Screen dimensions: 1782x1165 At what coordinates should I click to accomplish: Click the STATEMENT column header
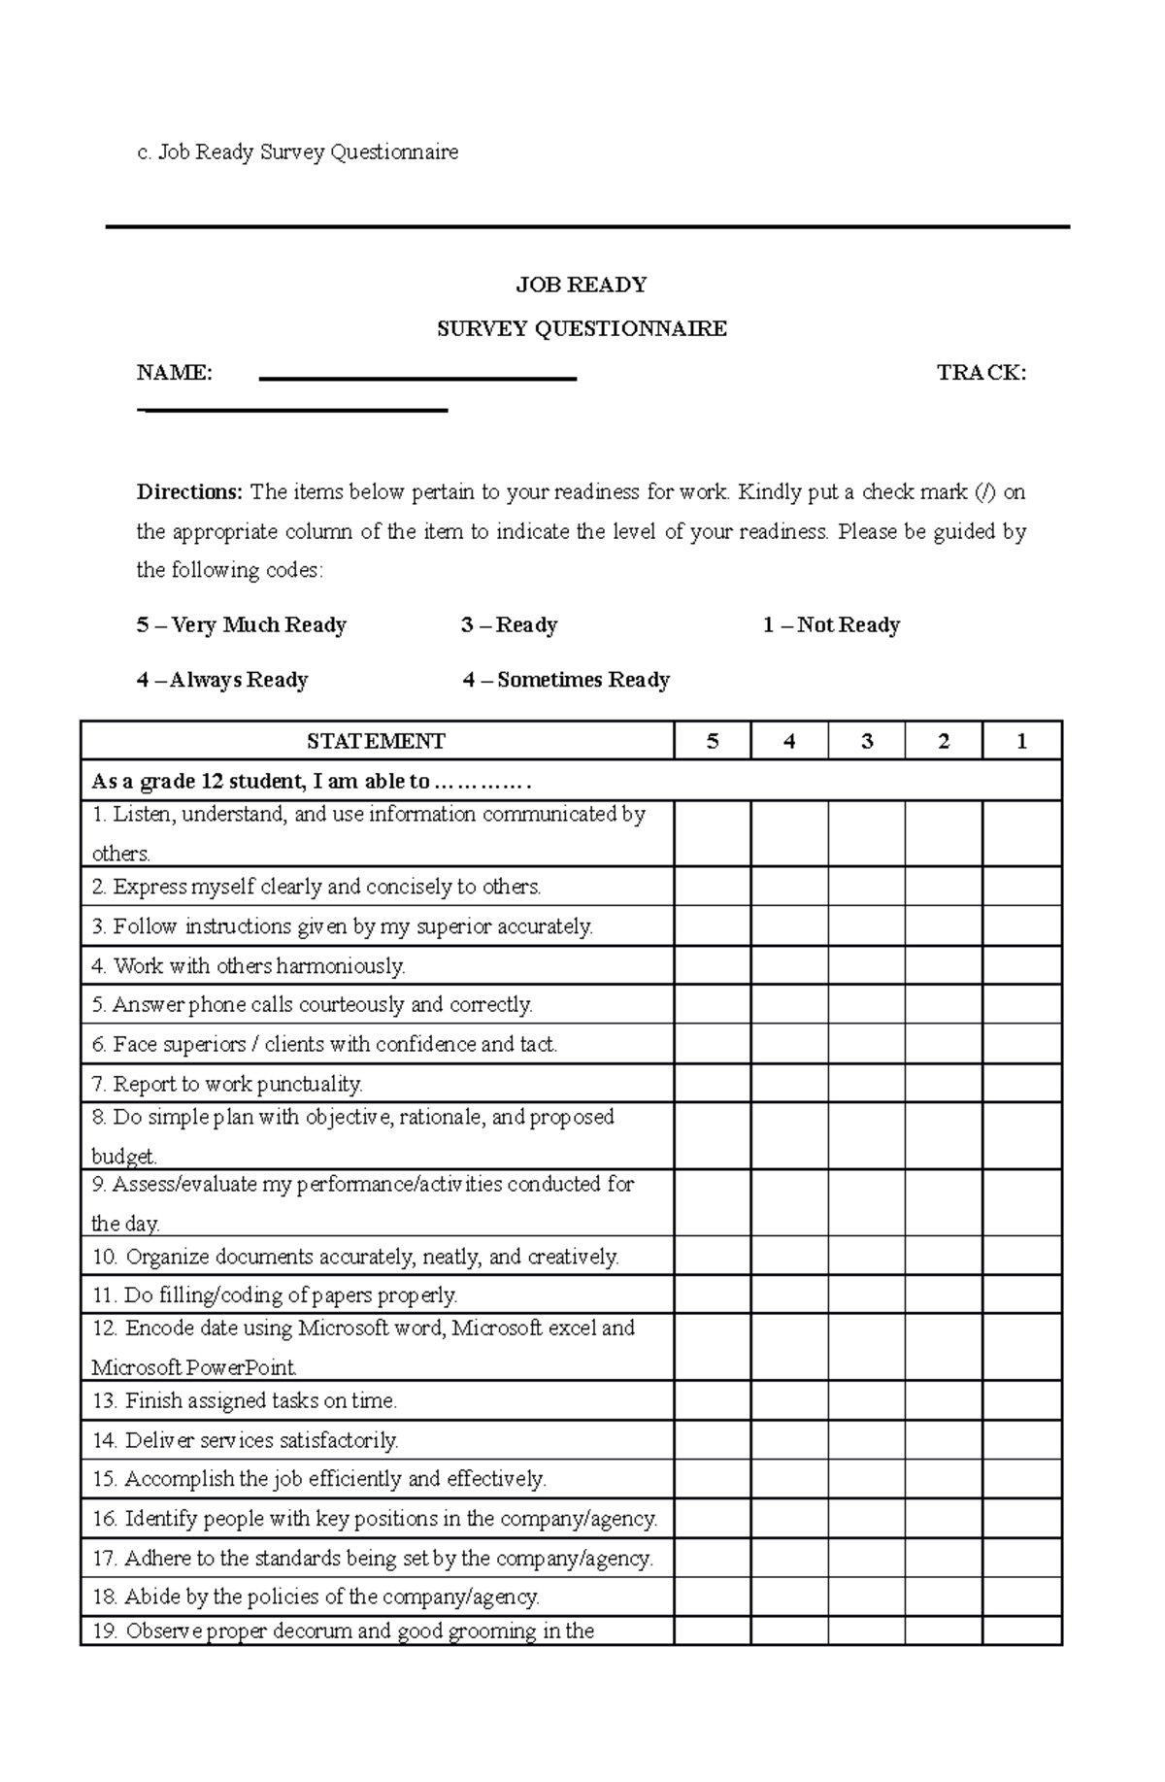pyautogui.click(x=376, y=741)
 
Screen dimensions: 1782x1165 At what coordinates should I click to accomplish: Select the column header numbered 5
pyautogui.click(x=712, y=741)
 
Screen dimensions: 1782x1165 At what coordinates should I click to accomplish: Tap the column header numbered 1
pyautogui.click(x=1021, y=741)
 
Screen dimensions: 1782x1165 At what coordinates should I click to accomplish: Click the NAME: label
pyautogui.click(x=174, y=373)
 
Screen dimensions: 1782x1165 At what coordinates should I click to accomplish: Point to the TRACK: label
pyautogui.click(x=981, y=373)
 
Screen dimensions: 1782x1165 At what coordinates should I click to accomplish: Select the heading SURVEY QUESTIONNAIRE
pyautogui.click(x=582, y=329)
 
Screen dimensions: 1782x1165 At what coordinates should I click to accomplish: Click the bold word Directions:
pyautogui.click(x=189, y=492)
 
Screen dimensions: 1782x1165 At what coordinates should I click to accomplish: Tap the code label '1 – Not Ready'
pyautogui.click(x=831, y=625)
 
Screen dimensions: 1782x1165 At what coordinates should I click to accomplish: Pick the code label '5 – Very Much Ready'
pyautogui.click(x=241, y=625)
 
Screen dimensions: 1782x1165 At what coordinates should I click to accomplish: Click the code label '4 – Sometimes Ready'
pyautogui.click(x=566, y=680)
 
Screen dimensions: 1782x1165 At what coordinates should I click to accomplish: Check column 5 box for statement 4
pyautogui.click(x=712, y=965)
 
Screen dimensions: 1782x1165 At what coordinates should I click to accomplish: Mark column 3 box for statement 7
pyautogui.click(x=866, y=1083)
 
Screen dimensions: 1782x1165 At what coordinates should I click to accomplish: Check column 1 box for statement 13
pyautogui.click(x=1021, y=1400)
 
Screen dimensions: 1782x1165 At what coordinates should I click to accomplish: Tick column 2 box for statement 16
pyautogui.click(x=944, y=1518)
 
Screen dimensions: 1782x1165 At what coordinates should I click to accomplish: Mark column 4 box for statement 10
pyautogui.click(x=789, y=1256)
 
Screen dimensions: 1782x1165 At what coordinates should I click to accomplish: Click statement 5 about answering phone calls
pyautogui.click(x=313, y=1004)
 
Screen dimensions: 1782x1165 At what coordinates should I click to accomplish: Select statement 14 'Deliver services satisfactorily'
pyautogui.click(x=246, y=1440)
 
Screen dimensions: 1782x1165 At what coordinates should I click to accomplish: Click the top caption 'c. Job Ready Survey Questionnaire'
pyautogui.click(x=297, y=152)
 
